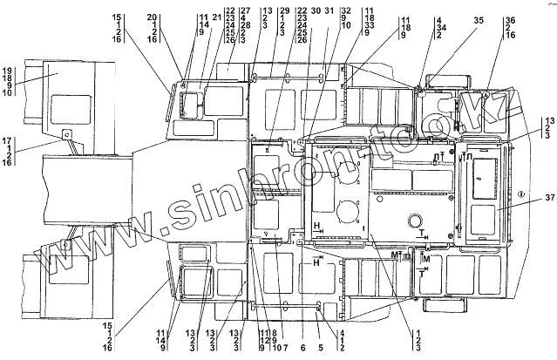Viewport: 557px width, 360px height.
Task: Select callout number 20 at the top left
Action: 152,16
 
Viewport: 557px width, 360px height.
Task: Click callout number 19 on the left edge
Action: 9,69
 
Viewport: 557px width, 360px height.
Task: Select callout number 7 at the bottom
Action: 285,347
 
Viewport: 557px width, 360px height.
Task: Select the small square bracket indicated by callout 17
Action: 65,135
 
